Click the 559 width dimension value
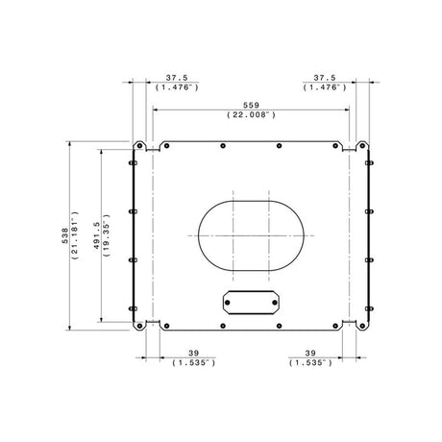[x=251, y=105]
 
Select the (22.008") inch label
[x=251, y=114]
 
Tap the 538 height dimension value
[x=65, y=235]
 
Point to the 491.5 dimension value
[x=97, y=235]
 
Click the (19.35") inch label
[x=107, y=235]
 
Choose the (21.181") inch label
[x=75, y=235]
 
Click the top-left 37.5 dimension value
[x=177, y=78]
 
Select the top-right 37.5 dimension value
[x=325, y=78]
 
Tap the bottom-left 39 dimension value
[x=193, y=353]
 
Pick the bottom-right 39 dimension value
[x=310, y=353]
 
